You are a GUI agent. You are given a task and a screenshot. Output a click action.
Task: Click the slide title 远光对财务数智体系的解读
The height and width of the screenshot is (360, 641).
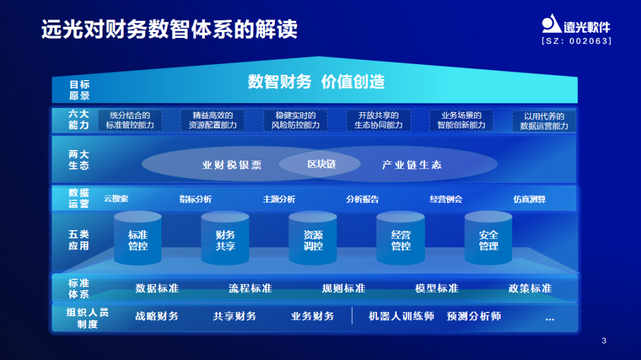(x=169, y=29)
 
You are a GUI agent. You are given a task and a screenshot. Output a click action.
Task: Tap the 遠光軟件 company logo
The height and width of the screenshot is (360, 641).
(x=575, y=24)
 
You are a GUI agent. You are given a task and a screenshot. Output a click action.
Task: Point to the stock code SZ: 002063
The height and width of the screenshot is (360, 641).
(x=576, y=42)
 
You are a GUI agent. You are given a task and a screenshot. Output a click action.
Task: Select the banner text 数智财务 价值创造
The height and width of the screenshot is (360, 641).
(x=316, y=82)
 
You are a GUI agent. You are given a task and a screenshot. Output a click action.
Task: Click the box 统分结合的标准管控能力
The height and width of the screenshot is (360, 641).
(x=129, y=120)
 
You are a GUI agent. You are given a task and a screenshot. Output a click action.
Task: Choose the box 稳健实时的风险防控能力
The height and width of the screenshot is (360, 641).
(x=296, y=120)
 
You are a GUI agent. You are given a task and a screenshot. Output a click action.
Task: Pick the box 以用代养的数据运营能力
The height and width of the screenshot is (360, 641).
(x=544, y=122)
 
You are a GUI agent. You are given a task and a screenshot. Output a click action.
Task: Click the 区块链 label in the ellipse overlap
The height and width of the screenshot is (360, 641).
(x=321, y=164)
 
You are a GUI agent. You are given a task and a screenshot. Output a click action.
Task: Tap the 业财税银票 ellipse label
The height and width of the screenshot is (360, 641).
(x=231, y=165)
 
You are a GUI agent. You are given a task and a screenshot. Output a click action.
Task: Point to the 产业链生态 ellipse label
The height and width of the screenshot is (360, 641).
(x=411, y=165)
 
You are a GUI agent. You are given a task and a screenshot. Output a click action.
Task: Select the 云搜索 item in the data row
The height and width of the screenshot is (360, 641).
(x=116, y=199)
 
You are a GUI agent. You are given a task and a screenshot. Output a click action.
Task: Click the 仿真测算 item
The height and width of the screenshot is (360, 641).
(x=529, y=199)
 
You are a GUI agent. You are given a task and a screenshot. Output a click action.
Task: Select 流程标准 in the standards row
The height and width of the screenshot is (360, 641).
(x=250, y=288)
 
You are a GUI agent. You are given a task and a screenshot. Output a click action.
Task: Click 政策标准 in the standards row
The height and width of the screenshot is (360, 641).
(x=530, y=288)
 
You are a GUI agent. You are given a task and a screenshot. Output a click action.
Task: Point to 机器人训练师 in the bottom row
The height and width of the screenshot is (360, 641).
(x=401, y=316)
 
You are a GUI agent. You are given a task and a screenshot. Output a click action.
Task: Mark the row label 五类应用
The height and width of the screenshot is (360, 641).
(x=79, y=240)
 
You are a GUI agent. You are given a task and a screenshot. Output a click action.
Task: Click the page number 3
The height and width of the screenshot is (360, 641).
(x=604, y=340)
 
